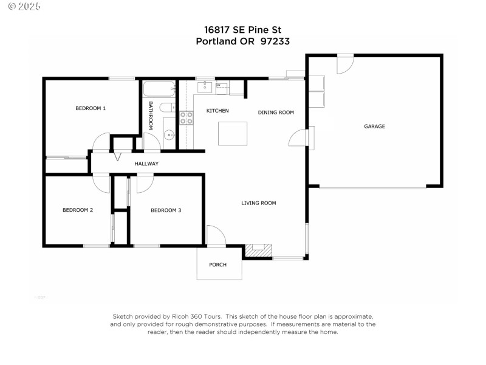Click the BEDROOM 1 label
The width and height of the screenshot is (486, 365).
pos(91,108)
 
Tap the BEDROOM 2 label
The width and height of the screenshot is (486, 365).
pos(78,210)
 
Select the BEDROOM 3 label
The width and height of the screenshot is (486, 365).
pos(166,210)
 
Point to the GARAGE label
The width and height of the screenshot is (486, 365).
pos(374,127)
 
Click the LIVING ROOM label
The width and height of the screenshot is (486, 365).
pos(258,203)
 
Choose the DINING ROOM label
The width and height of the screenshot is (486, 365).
pos(276,113)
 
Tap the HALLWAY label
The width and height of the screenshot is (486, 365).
pos(146,164)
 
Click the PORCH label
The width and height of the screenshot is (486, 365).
pos(217,265)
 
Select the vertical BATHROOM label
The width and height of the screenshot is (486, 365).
pos(150,115)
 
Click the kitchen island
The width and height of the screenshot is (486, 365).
pos(233,134)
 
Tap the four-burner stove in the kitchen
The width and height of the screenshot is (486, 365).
pos(186,117)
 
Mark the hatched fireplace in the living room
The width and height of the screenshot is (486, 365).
pos(258,250)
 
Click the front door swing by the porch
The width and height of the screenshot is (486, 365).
pos(216,236)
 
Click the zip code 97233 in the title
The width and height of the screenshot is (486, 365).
pos(275,41)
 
